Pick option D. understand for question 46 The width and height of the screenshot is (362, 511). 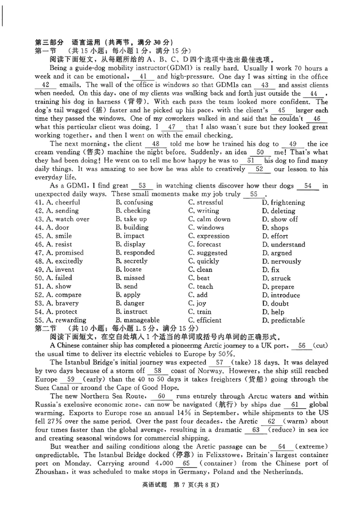283,245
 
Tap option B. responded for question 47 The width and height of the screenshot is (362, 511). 135,253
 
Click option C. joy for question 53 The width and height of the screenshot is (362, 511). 197,303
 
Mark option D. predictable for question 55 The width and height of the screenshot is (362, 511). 283,321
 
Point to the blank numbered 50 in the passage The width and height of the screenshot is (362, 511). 260,152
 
